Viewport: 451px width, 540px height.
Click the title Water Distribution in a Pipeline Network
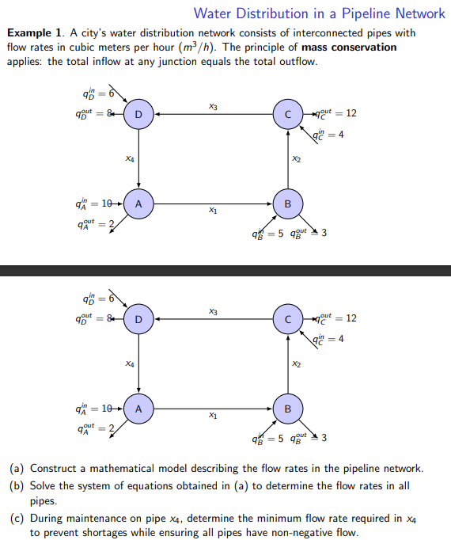pos(319,13)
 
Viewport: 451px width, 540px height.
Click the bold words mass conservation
pos(349,48)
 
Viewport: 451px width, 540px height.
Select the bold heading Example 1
pos(35,33)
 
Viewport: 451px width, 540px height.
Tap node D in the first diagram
pos(138,114)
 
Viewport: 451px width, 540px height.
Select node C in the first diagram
pos(288,114)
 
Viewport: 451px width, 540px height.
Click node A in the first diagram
pos(138,203)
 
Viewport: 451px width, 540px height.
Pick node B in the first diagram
pos(288,203)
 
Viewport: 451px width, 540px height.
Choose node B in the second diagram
pos(288,409)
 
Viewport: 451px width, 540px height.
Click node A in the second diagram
pos(138,409)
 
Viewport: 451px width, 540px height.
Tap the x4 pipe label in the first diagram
pos(129,159)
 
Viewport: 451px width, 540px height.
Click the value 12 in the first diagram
pos(351,113)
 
